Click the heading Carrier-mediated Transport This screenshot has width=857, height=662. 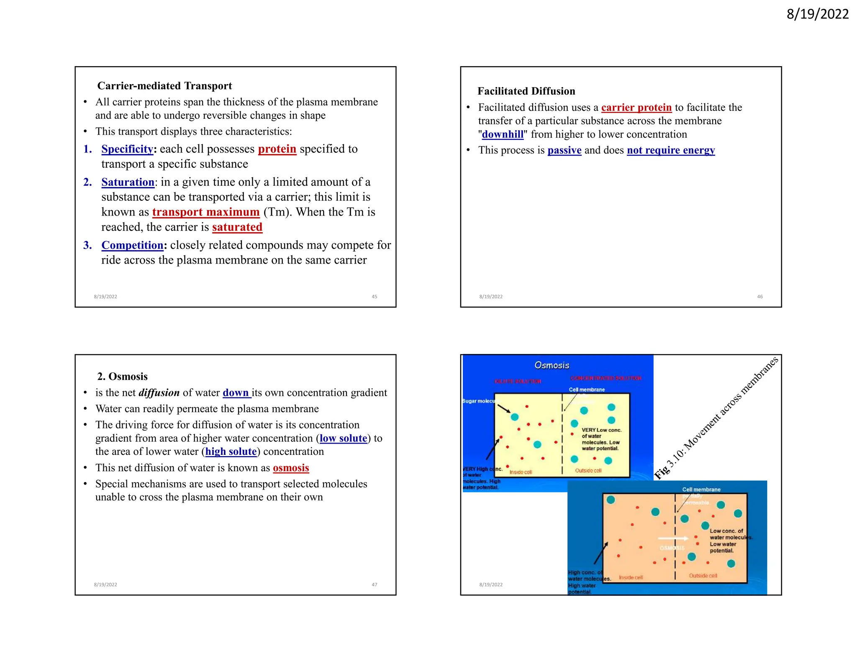(164, 86)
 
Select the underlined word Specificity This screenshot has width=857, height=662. (127, 149)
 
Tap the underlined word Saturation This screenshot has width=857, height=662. (128, 182)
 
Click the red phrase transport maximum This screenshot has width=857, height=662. (206, 212)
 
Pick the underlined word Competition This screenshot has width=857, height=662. (132, 245)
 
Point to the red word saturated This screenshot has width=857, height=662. (237, 227)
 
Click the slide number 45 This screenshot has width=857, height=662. (374, 297)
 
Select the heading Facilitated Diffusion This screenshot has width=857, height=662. (526, 91)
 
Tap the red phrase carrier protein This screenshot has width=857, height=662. (636, 108)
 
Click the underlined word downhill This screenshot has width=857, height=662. (503, 134)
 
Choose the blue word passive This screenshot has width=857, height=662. (564, 150)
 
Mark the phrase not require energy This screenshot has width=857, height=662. (670, 150)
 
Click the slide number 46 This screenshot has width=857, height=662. (759, 297)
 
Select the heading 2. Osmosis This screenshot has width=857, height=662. (122, 377)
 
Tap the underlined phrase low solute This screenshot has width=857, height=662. (343, 438)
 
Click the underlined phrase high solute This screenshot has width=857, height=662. (231, 452)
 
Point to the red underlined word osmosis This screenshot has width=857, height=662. (291, 468)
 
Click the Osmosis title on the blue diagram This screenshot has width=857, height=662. (552, 365)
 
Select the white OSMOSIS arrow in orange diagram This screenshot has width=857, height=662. (673, 539)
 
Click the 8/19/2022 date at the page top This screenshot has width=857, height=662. (817, 14)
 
